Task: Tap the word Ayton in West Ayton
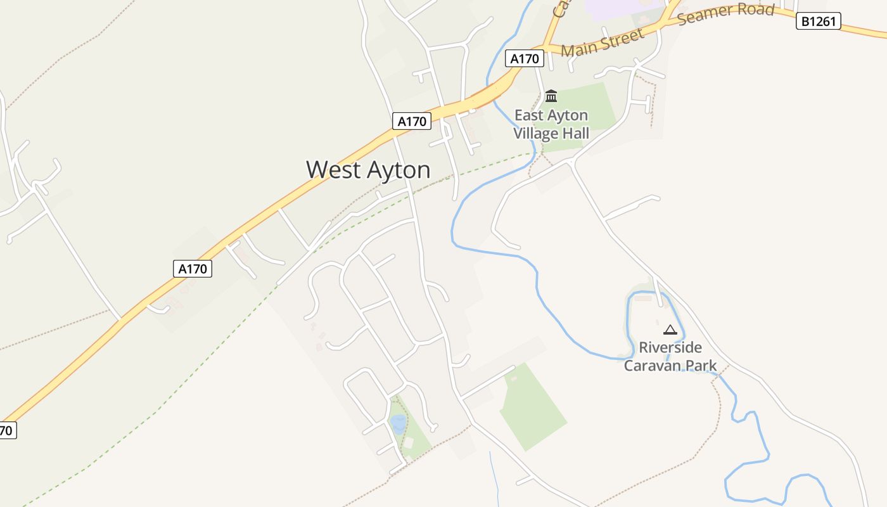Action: [x=398, y=170]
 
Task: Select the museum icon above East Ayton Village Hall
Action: [x=551, y=96]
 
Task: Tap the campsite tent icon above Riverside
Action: [x=670, y=330]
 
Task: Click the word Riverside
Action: [x=670, y=347]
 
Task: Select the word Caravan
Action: [x=654, y=366]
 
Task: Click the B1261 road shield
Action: [x=818, y=22]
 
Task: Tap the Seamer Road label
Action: [x=726, y=13]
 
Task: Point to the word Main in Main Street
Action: [x=579, y=48]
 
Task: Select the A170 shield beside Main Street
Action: [x=525, y=59]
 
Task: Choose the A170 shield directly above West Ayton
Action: [x=412, y=121]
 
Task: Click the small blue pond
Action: [x=398, y=423]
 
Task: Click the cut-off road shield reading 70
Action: [x=6, y=431]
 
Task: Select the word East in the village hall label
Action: [x=529, y=115]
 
